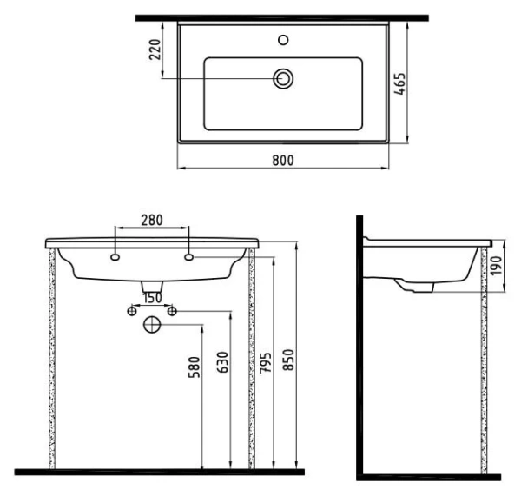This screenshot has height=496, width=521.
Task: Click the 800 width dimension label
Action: pyautogui.click(x=283, y=160)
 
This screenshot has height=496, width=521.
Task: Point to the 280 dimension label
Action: pyautogui.click(x=152, y=221)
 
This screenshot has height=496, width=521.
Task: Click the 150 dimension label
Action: pyautogui.click(x=152, y=298)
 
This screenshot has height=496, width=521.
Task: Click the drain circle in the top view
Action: pyautogui.click(x=283, y=79)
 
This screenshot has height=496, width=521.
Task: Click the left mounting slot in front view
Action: pyautogui.click(x=115, y=258)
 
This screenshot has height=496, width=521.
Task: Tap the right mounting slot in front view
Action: pyautogui.click(x=188, y=258)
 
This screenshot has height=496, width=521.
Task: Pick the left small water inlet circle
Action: pyautogui.click(x=132, y=310)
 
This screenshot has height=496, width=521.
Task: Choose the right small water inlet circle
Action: pyautogui.click(x=172, y=310)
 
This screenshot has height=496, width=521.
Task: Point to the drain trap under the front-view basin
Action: pyautogui.click(x=152, y=287)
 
